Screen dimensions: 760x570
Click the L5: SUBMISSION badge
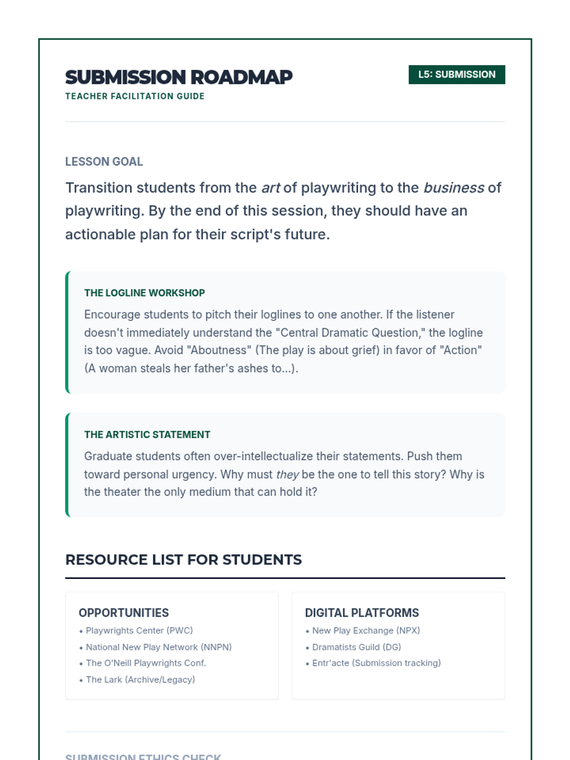[x=456, y=75]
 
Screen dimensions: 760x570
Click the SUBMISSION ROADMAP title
[x=179, y=77]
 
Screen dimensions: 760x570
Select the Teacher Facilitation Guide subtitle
[x=135, y=96]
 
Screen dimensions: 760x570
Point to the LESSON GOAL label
[x=104, y=161]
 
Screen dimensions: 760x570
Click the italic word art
[x=271, y=188]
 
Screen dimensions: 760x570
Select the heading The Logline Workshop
[x=144, y=293]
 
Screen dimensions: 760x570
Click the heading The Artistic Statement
[x=147, y=435]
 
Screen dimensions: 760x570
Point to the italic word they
[x=287, y=475]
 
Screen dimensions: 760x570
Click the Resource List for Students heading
[x=183, y=560]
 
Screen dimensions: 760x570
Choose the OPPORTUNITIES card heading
[x=124, y=613]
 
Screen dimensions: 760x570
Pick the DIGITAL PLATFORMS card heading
[x=362, y=613]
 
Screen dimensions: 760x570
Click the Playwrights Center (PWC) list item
[x=139, y=631]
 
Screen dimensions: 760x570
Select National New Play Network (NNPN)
[x=159, y=647]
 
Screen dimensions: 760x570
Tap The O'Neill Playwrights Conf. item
[x=146, y=663]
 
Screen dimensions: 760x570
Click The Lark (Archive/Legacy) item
[x=140, y=680]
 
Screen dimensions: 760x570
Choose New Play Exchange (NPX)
[x=366, y=631]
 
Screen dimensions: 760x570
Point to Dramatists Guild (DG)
[x=356, y=647]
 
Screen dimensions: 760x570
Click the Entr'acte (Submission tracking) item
[x=376, y=663]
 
